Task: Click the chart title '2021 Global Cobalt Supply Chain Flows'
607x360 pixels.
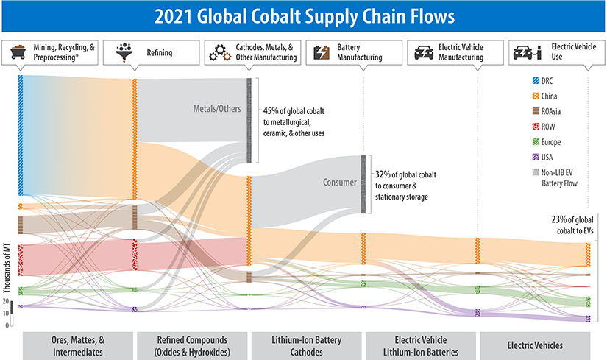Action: tap(303, 15)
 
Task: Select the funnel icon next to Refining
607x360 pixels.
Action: tap(122, 52)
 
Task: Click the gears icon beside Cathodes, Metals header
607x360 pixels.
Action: tap(218, 52)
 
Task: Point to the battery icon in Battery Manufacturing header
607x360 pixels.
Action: tap(322, 52)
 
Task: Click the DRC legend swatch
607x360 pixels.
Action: tap(524, 80)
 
